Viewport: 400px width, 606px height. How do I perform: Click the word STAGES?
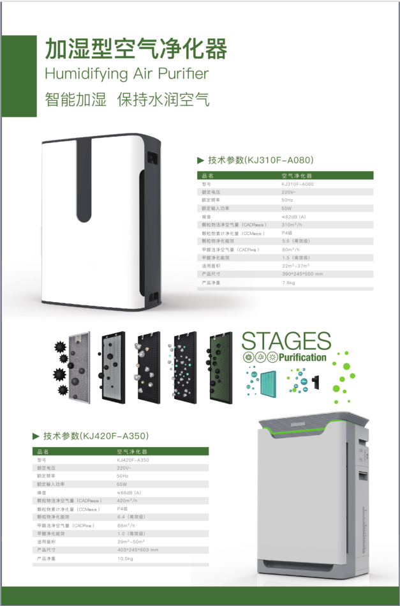pyautogui.click(x=286, y=341)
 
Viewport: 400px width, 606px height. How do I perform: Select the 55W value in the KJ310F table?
pyautogui.click(x=286, y=208)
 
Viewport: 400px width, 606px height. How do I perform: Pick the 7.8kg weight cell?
pyautogui.click(x=288, y=282)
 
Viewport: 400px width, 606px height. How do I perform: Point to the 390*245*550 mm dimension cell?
pyautogui.click(x=302, y=273)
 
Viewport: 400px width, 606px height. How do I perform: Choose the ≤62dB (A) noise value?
pyautogui.click(x=293, y=216)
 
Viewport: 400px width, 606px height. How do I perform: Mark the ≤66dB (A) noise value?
pyautogui.click(x=129, y=493)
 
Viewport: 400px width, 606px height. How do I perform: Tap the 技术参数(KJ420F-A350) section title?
pyautogui.click(x=96, y=436)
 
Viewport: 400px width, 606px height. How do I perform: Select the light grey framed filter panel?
pyautogui.click(x=80, y=368)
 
